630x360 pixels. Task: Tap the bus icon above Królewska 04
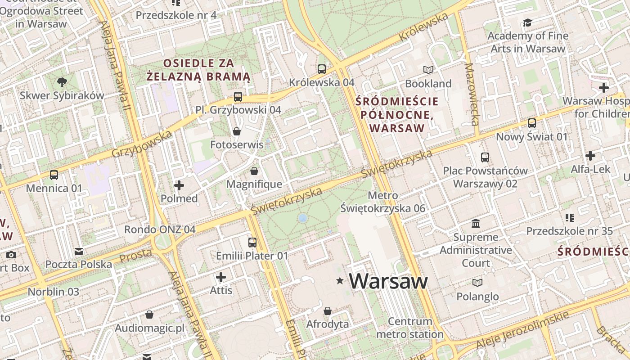pos(322,69)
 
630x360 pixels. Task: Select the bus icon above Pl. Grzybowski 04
pos(238,96)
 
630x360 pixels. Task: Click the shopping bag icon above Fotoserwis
pos(237,131)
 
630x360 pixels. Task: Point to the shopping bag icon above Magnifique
pos(254,171)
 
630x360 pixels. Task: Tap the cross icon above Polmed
pos(179,185)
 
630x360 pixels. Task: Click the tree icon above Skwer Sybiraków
pos(62,82)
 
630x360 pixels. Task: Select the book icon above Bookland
pos(428,70)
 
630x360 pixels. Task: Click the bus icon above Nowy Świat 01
pos(532,123)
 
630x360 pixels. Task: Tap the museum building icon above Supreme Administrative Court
pos(476,223)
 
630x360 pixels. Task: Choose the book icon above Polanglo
pos(477,283)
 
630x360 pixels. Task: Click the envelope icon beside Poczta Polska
pos(79,251)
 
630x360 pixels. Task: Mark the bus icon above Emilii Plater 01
pos(252,242)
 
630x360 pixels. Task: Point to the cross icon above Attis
pos(221,277)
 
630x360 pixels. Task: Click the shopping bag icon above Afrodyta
pos(328,311)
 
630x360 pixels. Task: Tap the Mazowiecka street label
pos(472,94)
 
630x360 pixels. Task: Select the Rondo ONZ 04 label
pos(160,229)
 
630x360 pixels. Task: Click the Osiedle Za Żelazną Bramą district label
pos(198,70)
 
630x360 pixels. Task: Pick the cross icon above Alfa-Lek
pos(590,156)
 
